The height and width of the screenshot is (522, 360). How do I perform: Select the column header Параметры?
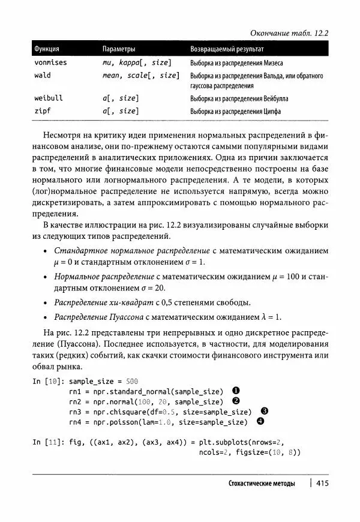(x=119, y=49)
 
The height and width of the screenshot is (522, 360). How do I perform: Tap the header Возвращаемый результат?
(x=227, y=49)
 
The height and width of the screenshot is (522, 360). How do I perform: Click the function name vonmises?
(x=50, y=62)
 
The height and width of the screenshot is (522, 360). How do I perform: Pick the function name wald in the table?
(x=42, y=76)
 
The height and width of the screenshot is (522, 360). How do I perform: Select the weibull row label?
(x=48, y=98)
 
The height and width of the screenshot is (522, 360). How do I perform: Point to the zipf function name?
(x=42, y=111)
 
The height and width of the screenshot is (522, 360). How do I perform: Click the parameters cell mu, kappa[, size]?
(x=137, y=62)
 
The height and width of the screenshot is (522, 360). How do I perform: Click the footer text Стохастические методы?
(x=262, y=484)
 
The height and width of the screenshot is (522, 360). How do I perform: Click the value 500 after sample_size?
(x=132, y=381)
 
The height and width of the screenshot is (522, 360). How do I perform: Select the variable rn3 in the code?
(x=75, y=412)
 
